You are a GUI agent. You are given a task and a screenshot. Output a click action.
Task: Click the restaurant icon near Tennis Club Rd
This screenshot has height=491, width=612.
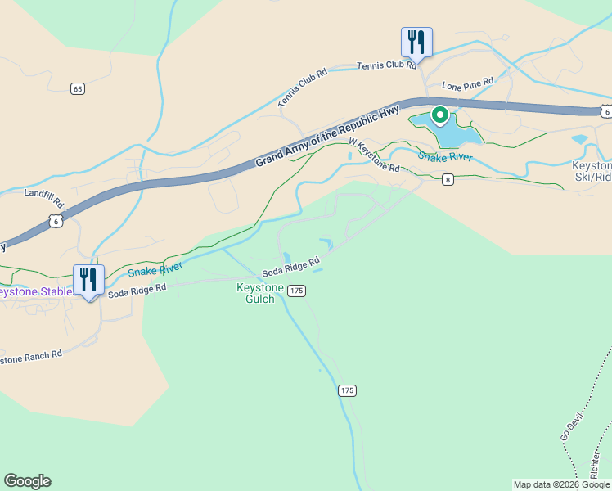416,42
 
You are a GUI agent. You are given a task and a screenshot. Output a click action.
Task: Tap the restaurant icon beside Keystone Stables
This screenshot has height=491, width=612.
88,280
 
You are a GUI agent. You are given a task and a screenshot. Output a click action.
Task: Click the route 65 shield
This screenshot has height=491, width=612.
78,88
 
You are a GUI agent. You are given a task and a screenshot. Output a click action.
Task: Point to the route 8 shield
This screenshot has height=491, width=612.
447,180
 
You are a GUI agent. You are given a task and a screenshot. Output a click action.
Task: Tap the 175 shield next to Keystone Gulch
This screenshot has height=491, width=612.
297,291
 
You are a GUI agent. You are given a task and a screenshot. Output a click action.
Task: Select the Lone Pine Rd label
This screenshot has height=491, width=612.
468,83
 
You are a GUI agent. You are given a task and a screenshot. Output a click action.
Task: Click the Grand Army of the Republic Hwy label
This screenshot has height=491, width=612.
327,135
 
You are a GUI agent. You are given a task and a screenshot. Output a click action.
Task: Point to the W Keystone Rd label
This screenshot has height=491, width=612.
374,155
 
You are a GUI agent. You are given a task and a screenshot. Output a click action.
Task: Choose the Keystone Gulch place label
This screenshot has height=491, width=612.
259,293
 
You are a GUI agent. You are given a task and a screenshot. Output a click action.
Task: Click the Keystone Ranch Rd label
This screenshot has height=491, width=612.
31,358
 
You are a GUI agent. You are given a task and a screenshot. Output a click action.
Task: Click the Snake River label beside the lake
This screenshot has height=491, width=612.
445,156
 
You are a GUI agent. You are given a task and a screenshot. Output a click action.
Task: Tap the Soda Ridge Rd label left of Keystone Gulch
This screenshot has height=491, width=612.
137,290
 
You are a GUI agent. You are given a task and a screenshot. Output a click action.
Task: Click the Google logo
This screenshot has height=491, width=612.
27,481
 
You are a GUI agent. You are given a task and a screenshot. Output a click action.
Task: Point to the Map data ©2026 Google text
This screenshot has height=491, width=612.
561,484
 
